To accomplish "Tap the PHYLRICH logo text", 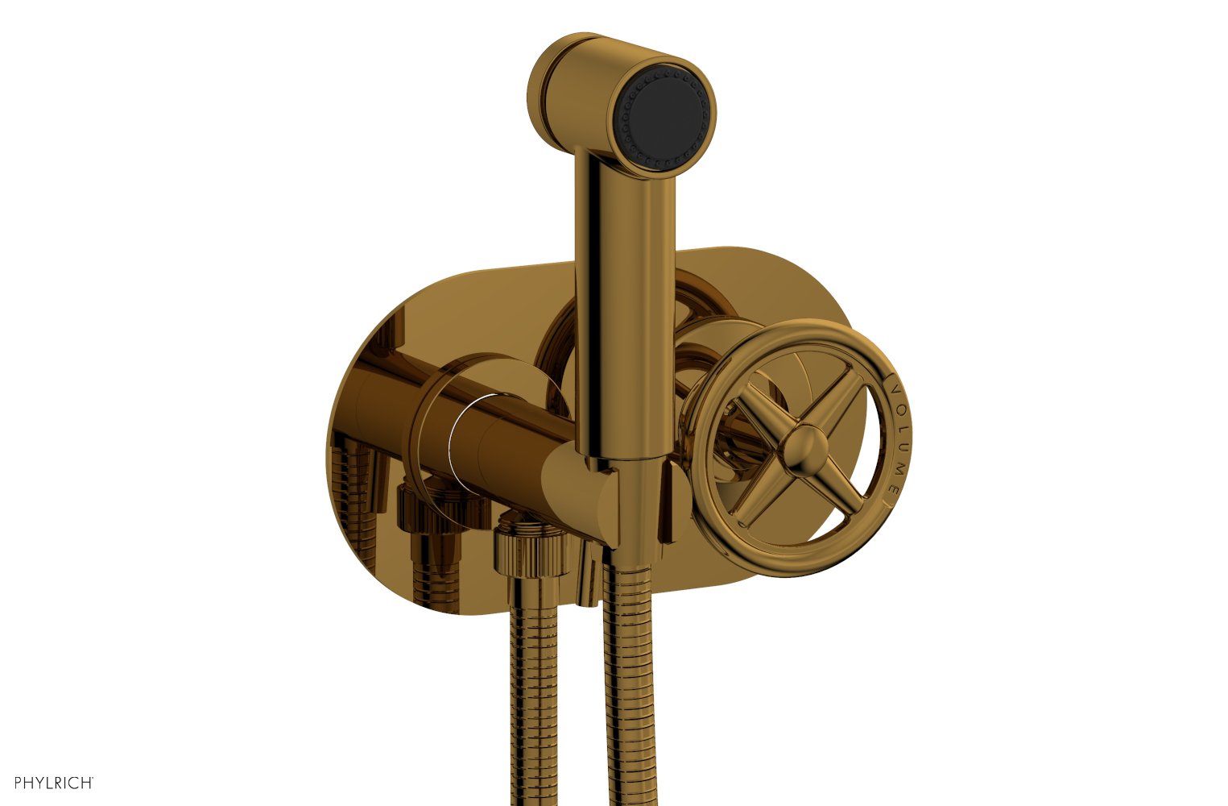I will pos(53,782).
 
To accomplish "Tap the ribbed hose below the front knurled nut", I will pos(531,685).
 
